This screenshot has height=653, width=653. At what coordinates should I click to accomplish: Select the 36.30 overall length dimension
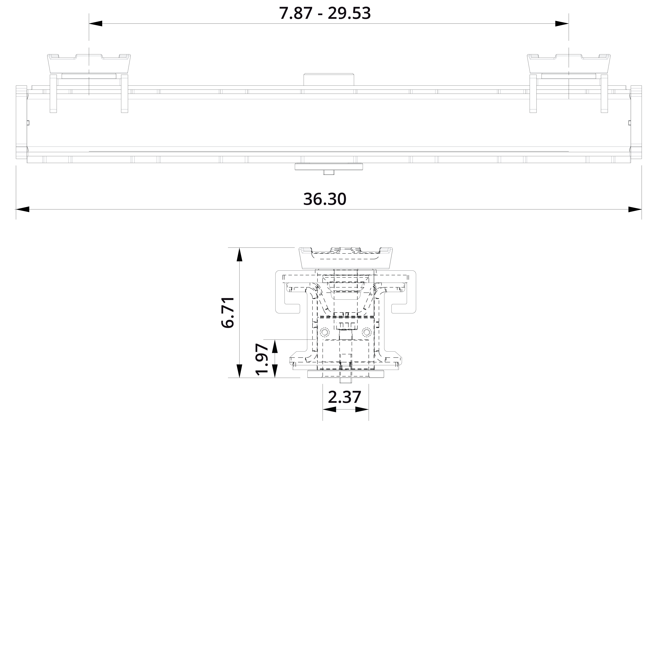pos(325,199)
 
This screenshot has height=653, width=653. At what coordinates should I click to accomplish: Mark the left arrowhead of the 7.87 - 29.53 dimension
pos(96,24)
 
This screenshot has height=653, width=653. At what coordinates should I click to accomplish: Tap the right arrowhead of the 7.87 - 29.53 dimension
pos(562,24)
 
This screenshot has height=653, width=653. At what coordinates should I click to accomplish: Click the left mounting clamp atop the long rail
pos(89,64)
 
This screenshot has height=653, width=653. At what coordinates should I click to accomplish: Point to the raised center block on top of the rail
pos(329,79)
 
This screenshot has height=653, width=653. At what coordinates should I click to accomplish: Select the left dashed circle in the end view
pos(325,333)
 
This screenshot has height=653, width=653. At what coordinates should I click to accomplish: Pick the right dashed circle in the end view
pos(366,333)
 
